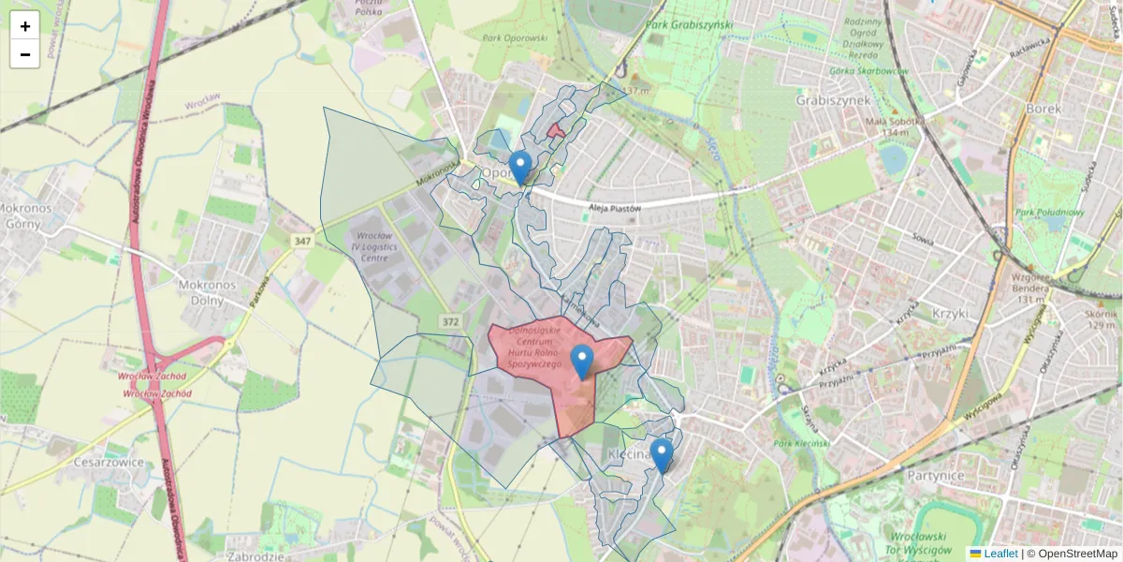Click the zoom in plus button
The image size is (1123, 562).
click(25, 26)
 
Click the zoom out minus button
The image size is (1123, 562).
click(25, 54)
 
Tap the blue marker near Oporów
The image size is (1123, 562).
click(520, 167)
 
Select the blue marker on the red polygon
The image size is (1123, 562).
click(582, 361)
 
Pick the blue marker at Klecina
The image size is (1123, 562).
click(663, 455)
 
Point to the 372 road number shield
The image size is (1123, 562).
click(451, 322)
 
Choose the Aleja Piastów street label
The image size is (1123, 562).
click(614, 208)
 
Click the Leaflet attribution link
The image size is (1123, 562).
click(999, 554)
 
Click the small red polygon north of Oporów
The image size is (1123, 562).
click(556, 130)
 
